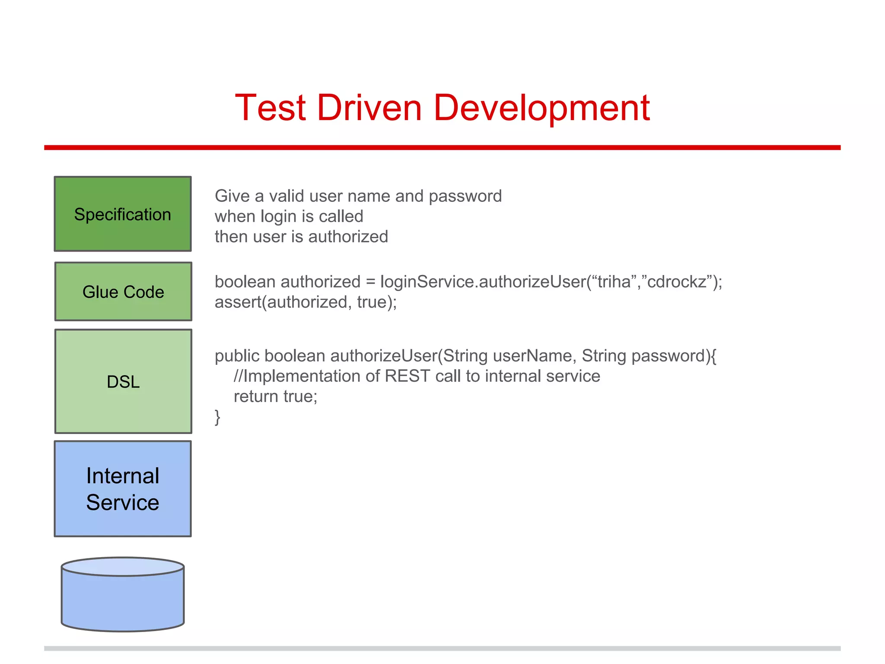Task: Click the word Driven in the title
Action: [x=369, y=108]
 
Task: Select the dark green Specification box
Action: [x=123, y=214]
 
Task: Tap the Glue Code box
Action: [x=123, y=292]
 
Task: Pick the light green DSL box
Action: [x=123, y=381]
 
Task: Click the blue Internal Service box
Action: [x=123, y=489]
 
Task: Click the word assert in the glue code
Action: [x=238, y=302]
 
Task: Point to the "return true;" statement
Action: [x=275, y=396]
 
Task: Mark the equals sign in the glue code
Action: [x=370, y=282]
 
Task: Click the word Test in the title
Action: [x=271, y=108]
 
